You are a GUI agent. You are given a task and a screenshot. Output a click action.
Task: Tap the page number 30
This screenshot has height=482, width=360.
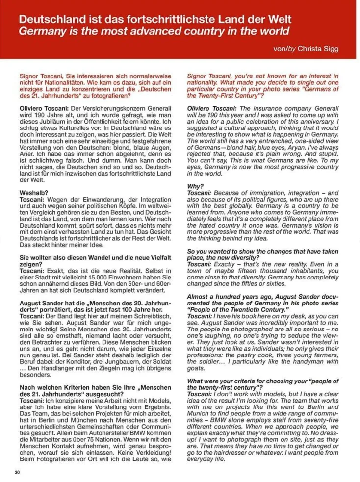(x=18, y=472)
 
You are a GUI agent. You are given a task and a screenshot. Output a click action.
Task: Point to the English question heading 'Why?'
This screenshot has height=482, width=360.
(x=196, y=186)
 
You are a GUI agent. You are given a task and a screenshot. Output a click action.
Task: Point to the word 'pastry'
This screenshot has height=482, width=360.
(x=250, y=354)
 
